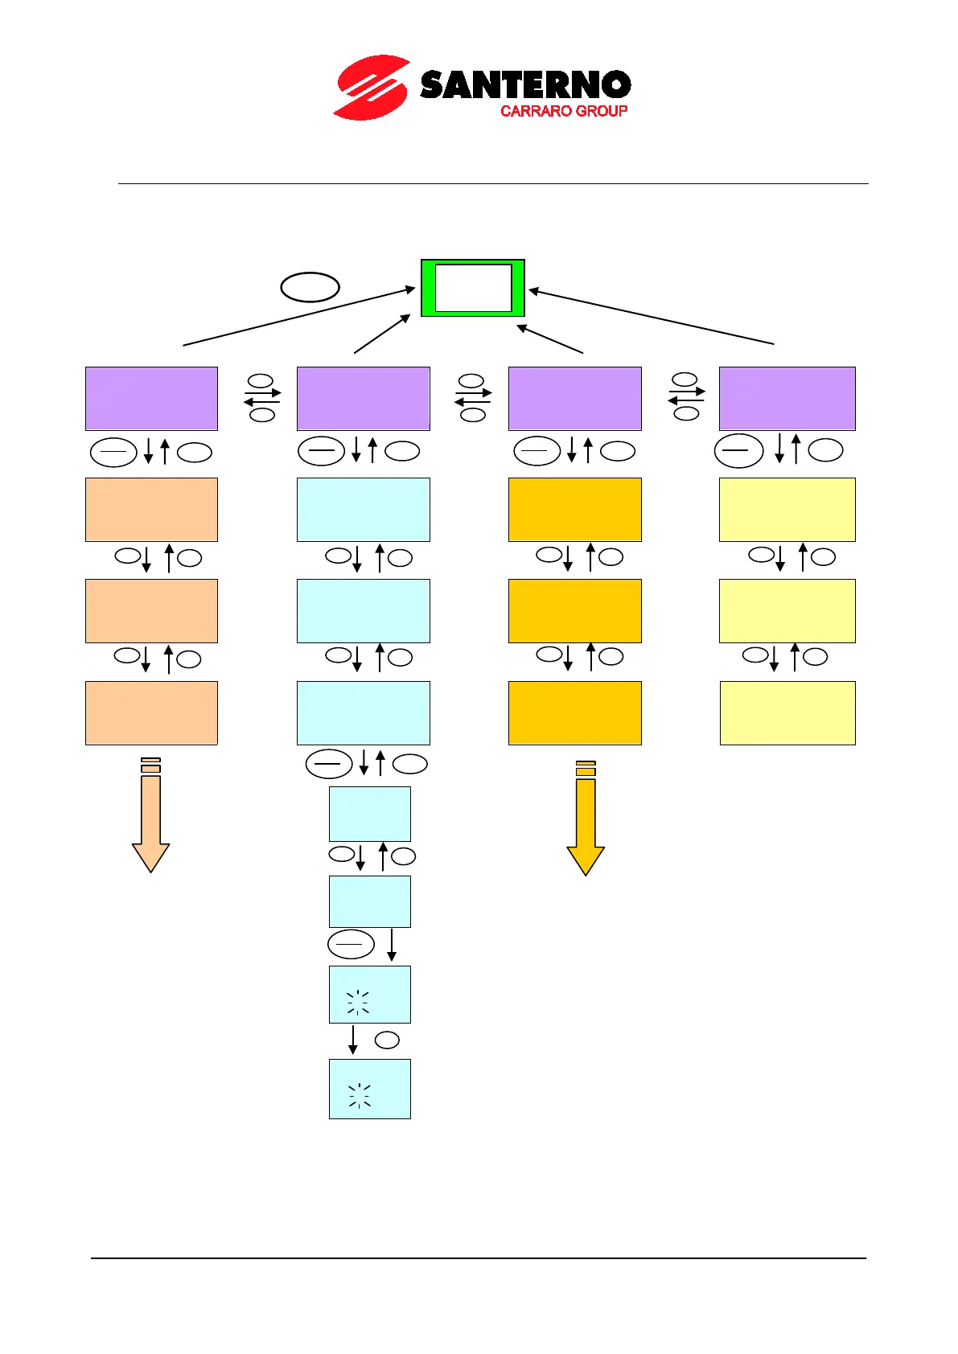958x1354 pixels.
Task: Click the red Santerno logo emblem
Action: click(x=372, y=88)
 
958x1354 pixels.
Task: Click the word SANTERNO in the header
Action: click(x=525, y=85)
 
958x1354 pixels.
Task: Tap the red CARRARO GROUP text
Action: click(x=563, y=111)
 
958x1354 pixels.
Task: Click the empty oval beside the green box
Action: click(x=310, y=287)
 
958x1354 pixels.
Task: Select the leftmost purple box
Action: click(x=151, y=399)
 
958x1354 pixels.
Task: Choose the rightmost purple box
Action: click(x=787, y=399)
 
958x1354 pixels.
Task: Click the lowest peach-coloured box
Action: click(x=151, y=713)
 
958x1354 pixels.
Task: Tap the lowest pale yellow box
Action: click(x=787, y=713)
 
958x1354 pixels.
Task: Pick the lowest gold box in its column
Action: click(x=574, y=713)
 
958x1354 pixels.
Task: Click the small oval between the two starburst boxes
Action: click(x=387, y=1040)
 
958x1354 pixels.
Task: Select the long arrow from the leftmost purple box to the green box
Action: click(x=298, y=317)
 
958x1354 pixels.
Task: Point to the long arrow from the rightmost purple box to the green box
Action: click(x=652, y=317)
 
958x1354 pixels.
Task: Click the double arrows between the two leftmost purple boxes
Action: click(x=262, y=397)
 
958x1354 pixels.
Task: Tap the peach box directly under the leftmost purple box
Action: click(x=151, y=510)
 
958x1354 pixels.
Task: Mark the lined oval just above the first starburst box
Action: click(x=351, y=944)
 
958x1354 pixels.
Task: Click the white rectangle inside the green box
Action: click(x=473, y=288)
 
